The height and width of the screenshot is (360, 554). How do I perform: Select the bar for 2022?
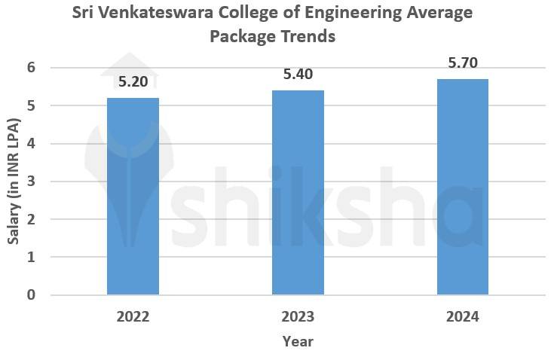[x=133, y=196]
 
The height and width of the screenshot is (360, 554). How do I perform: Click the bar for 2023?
[x=298, y=192]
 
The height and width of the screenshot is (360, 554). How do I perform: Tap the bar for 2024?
[x=463, y=187]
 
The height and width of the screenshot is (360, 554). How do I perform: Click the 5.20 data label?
[x=133, y=82]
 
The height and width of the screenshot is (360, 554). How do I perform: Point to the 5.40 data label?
[x=298, y=74]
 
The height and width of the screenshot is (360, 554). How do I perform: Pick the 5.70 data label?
[x=463, y=63]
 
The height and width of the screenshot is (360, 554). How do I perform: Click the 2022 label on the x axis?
[x=133, y=316]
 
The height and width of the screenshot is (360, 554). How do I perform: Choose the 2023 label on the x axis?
[x=298, y=316]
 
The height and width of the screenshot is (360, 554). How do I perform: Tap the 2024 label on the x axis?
[x=463, y=316]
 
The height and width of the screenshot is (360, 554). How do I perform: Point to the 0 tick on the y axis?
[x=31, y=294]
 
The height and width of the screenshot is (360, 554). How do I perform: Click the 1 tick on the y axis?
[x=31, y=257]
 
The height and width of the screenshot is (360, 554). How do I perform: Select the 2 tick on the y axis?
[x=31, y=219]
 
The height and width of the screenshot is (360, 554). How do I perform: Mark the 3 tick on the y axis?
[x=31, y=182]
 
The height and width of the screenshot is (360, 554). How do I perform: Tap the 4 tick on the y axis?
[x=31, y=143]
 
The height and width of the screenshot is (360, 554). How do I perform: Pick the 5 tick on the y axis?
[x=31, y=105]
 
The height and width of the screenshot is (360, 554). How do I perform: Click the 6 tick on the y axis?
[x=31, y=68]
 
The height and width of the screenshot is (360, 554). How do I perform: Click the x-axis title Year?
[x=298, y=341]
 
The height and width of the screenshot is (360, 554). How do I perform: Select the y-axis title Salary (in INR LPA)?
[x=13, y=181]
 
